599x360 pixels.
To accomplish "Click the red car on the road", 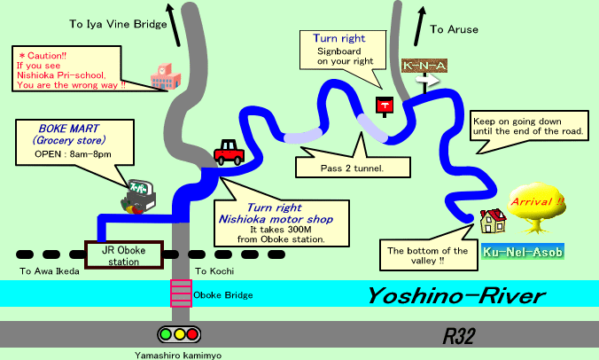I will [229, 153].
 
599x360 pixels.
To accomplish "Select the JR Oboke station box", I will [123, 254].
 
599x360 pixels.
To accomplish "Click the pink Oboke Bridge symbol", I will [180, 293].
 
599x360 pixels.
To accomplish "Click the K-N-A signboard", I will [424, 67].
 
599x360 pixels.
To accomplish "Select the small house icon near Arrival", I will [492, 220].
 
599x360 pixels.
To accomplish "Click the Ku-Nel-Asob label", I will [523, 252].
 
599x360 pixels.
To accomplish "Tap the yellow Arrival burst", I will [538, 205].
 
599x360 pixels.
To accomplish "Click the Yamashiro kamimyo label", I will [181, 354].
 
